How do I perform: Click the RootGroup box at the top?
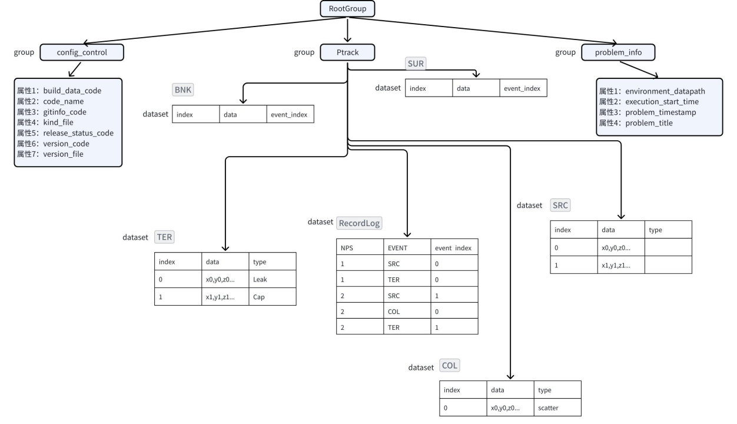[347, 9]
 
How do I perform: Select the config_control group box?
[82, 53]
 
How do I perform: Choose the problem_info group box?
[618, 53]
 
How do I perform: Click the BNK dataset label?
[183, 91]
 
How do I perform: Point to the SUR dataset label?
[416, 62]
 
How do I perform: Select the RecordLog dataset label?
[359, 223]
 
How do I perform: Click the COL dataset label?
[450, 366]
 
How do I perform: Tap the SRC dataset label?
[560, 206]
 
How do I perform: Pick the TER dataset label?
[165, 237]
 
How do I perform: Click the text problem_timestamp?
[662, 112]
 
